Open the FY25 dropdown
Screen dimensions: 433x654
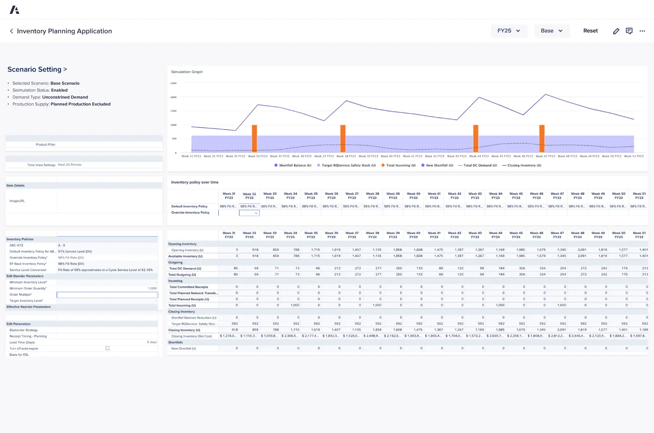pos(509,31)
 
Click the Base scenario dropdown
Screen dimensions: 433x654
pos(551,31)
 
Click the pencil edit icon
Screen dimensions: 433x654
pos(616,31)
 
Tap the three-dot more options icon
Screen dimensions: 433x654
pos(642,31)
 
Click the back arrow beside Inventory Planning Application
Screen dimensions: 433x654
pos(11,31)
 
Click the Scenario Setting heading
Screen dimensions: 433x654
pos(37,69)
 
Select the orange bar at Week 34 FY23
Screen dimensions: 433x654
pos(254,138)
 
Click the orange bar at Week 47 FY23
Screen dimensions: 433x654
pos(542,138)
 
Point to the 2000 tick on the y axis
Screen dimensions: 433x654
pos(173,97)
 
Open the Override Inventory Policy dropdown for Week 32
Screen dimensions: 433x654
pos(249,213)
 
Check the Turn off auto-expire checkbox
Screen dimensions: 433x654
pos(108,348)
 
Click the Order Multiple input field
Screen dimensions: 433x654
pos(107,295)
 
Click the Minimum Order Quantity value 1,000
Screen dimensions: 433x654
pos(152,288)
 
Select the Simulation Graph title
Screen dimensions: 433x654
pos(187,72)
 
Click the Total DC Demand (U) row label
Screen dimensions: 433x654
pos(185,269)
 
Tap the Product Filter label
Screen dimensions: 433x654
pos(45,145)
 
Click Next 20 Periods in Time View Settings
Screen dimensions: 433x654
pos(69,165)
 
